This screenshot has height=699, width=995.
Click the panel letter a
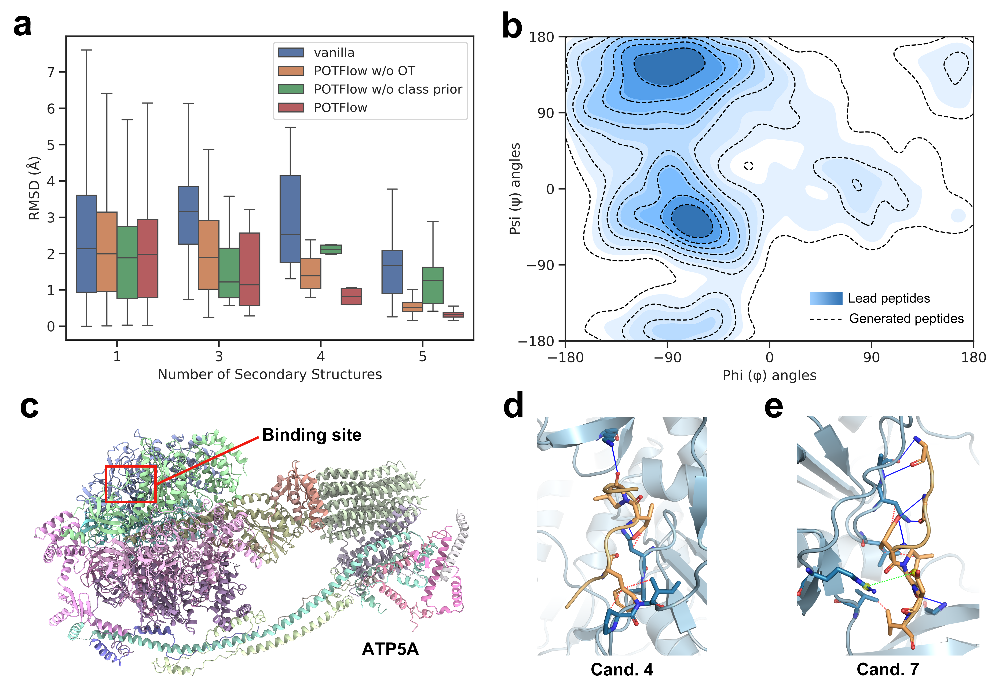(23, 25)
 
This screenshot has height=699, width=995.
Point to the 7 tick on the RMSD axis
(51, 72)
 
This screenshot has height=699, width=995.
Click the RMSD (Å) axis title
(34, 188)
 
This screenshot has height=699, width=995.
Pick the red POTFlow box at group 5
(453, 315)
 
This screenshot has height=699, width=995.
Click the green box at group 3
(229, 273)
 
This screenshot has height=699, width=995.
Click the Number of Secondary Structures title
(270, 374)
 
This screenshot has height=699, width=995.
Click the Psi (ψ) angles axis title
(515, 189)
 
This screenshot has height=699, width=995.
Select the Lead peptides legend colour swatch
(826, 298)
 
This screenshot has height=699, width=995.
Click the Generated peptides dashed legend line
(826, 319)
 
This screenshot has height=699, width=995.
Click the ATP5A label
(390, 649)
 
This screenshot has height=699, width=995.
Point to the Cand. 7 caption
(888, 669)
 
